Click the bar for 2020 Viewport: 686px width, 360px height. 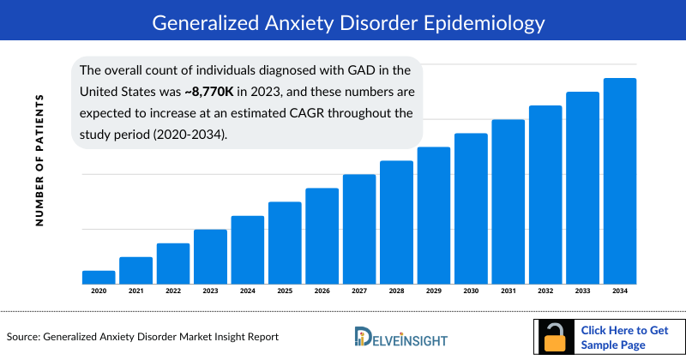click(x=98, y=277)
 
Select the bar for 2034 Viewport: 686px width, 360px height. click(x=620, y=181)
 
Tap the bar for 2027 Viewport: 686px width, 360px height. click(x=359, y=229)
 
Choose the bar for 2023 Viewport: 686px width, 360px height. click(x=210, y=256)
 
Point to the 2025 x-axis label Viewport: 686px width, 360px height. click(x=285, y=292)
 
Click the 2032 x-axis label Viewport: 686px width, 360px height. click(x=545, y=292)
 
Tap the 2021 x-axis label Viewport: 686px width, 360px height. click(x=135, y=292)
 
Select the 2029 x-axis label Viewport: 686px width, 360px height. click(x=434, y=292)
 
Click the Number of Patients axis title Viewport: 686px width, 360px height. click(x=39, y=160)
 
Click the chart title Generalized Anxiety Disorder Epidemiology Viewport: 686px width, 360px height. click(x=342, y=20)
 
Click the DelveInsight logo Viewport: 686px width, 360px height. click(x=402, y=337)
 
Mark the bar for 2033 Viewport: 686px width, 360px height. click(x=582, y=188)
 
